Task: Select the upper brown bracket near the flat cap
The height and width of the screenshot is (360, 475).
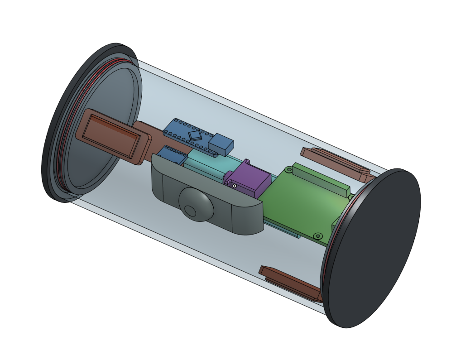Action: [x=336, y=163]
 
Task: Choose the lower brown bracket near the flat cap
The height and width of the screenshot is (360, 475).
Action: [x=290, y=283]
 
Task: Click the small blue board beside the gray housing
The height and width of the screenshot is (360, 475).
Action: [x=172, y=155]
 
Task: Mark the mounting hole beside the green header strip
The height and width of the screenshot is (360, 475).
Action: [x=288, y=170]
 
